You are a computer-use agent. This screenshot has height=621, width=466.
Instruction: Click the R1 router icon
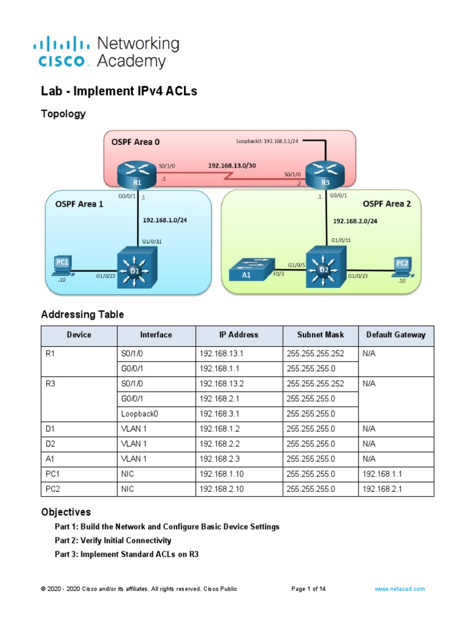[137, 174]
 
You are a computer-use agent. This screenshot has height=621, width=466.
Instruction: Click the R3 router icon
[325, 174]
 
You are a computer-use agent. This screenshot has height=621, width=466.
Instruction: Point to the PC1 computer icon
[62, 266]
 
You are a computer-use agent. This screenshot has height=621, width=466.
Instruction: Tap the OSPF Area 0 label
[135, 142]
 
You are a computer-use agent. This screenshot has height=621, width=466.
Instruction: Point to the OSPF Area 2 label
[387, 204]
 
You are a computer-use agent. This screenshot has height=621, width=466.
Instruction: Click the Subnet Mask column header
[320, 335]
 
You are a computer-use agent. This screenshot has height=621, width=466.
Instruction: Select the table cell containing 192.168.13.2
[221, 383]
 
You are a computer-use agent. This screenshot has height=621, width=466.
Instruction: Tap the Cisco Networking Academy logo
[107, 52]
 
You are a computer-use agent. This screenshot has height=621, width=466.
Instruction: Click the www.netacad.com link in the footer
[399, 589]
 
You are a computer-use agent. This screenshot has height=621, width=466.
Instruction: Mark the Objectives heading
[66, 512]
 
